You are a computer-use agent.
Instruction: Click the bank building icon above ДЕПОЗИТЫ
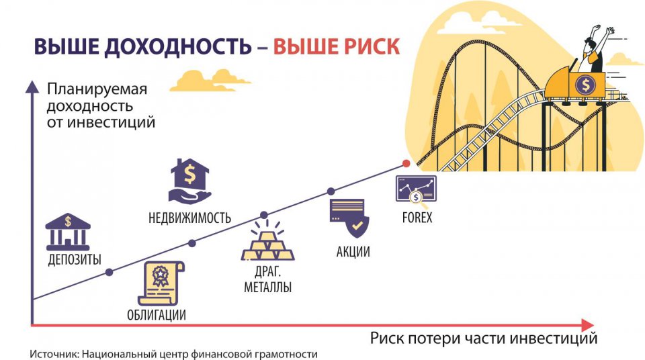click(67, 232)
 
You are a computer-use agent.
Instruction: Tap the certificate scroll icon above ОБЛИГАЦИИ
click(161, 283)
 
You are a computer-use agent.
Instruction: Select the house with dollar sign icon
click(189, 181)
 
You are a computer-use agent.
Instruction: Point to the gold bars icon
click(267, 241)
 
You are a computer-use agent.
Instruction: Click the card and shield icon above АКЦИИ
click(348, 218)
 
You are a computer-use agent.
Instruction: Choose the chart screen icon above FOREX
click(416, 189)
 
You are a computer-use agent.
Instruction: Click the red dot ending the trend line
click(406, 164)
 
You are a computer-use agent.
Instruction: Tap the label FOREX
click(417, 218)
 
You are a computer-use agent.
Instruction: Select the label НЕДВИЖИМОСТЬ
click(189, 218)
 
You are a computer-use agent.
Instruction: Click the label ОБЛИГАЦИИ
click(156, 314)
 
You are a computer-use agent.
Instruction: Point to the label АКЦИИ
click(353, 252)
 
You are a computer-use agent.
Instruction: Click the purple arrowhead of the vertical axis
click(31, 86)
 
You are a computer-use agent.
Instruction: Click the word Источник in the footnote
click(53, 353)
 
